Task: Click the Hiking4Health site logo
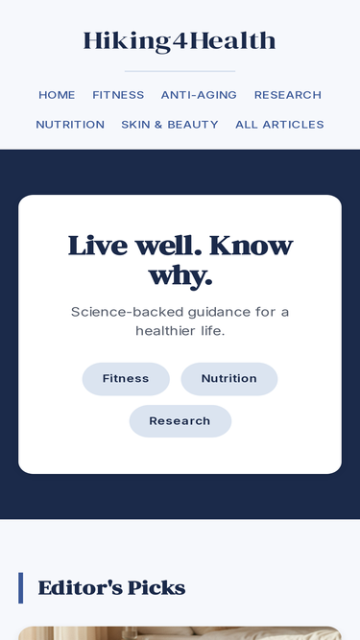pyautogui.click(x=180, y=41)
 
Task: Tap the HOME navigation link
pyautogui.click(x=57, y=95)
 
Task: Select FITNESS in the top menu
pyautogui.click(x=118, y=95)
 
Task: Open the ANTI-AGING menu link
pyautogui.click(x=199, y=95)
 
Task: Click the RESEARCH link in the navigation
pyautogui.click(x=288, y=95)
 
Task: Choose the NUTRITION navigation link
pyautogui.click(x=70, y=125)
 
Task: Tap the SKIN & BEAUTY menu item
pyautogui.click(x=170, y=125)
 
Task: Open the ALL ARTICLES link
pyautogui.click(x=279, y=125)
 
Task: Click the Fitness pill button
pyautogui.click(x=126, y=379)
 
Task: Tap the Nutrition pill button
pyautogui.click(x=229, y=379)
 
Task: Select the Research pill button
pyautogui.click(x=180, y=421)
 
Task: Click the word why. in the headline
pyautogui.click(x=180, y=277)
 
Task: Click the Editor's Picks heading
pyautogui.click(x=111, y=588)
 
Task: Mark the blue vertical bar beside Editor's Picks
pyautogui.click(x=20, y=588)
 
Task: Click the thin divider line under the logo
pyautogui.click(x=180, y=71)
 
